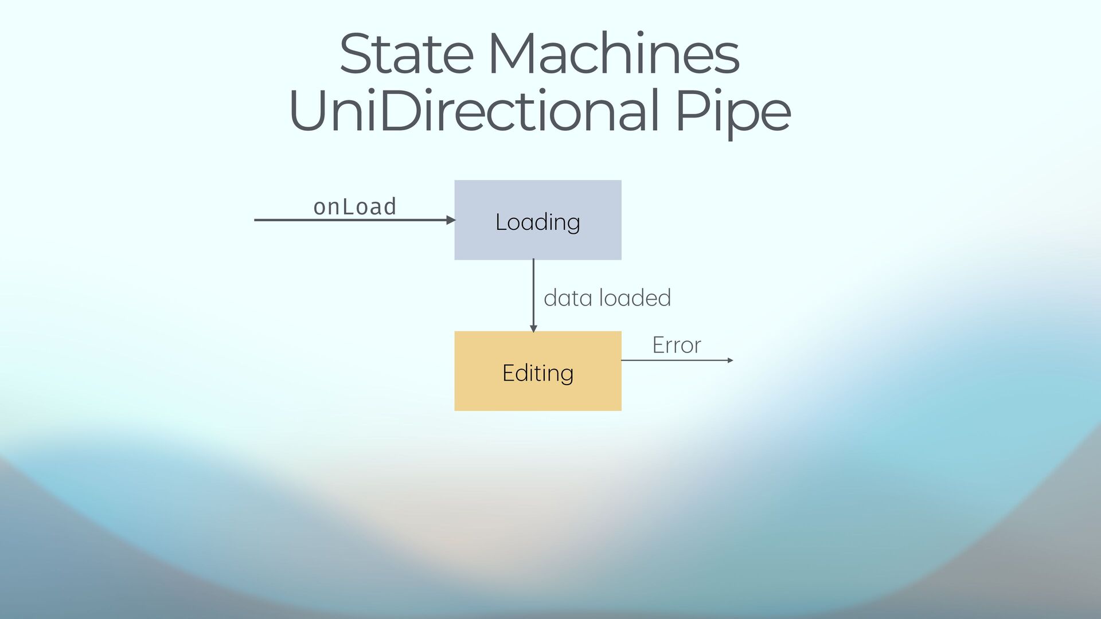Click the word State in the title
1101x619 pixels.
[406, 54]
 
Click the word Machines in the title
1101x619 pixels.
[613, 54]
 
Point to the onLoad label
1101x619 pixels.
[354, 207]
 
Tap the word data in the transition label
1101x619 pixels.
[568, 298]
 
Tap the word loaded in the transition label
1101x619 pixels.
[635, 298]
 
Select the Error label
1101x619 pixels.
[677, 345]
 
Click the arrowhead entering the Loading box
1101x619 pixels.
[451, 220]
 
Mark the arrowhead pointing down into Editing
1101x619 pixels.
[533, 328]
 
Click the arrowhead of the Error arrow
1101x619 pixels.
[730, 361]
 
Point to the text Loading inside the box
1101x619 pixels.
[537, 222]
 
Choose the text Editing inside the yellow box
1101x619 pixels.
[537, 373]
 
